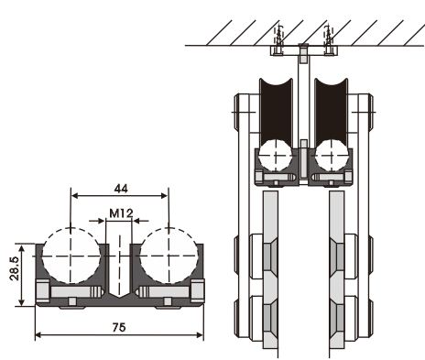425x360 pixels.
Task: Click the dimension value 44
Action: click(121, 189)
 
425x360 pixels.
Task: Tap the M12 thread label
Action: click(121, 213)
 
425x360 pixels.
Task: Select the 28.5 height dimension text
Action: click(15, 268)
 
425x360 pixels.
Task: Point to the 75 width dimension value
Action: click(119, 327)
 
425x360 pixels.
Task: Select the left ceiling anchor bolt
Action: click(278, 40)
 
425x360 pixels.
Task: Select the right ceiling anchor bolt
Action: click(329, 40)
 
